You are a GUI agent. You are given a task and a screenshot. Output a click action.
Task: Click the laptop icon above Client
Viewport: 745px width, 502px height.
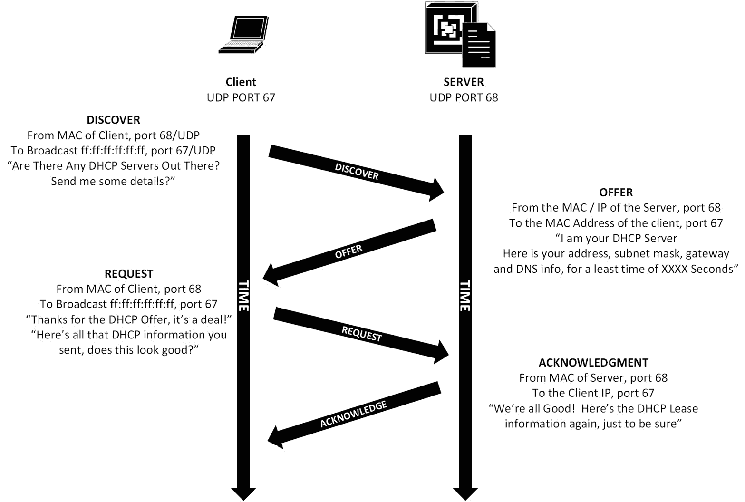[243, 35]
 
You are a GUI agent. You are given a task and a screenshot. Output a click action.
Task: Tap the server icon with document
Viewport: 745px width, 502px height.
[459, 34]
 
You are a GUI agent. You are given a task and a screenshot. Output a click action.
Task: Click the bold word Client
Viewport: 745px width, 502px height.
[241, 82]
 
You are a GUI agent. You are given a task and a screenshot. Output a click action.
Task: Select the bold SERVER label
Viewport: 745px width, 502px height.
[464, 82]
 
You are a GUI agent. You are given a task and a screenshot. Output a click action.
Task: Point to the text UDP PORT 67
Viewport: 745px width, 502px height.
[241, 97]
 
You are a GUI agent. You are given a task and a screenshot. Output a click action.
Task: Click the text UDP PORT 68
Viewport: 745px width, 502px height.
[464, 97]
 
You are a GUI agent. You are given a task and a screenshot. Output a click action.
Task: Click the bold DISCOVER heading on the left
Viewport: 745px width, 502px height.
[113, 120]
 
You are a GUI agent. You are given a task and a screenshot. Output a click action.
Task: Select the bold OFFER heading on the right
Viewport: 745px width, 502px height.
[616, 193]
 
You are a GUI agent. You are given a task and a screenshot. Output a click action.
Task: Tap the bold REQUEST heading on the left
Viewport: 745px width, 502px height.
[129, 274]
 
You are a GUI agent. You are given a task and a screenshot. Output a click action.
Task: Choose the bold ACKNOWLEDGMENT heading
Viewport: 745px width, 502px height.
[593, 363]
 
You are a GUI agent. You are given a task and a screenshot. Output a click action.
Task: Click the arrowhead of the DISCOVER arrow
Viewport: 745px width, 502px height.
[436, 190]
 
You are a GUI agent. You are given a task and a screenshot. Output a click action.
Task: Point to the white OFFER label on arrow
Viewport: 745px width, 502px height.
[348, 251]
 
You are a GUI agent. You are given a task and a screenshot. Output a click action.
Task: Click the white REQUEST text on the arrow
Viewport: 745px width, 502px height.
[362, 334]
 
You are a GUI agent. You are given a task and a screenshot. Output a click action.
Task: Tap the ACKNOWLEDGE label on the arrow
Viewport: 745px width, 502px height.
[353, 414]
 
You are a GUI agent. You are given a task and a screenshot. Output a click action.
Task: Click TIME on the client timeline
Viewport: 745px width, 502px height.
[243, 296]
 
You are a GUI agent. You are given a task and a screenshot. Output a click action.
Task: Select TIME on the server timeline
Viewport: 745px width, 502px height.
[465, 296]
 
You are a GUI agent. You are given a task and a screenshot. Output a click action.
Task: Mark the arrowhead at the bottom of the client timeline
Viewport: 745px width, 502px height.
[243, 493]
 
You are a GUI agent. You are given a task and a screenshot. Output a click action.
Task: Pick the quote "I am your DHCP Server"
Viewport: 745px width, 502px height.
[616, 238]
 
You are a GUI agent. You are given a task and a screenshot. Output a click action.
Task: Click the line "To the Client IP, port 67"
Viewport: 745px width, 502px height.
[593, 393]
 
